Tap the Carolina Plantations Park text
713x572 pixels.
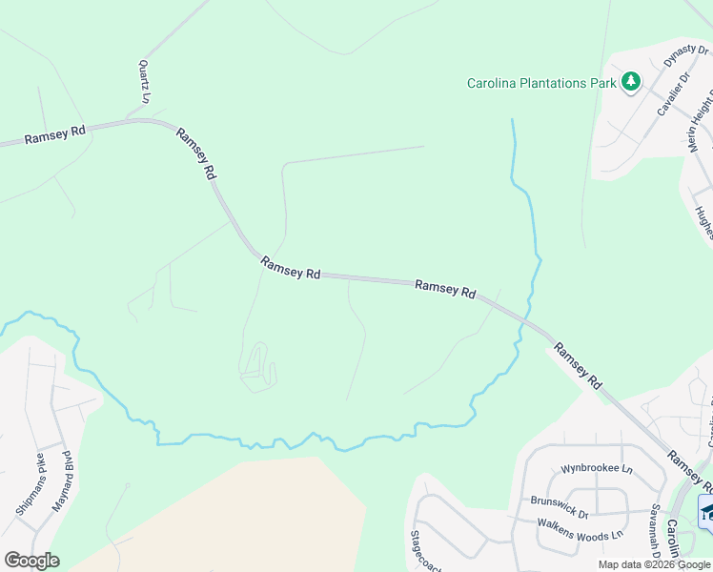(540, 83)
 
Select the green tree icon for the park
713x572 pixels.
(630, 82)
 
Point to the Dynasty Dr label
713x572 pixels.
(686, 62)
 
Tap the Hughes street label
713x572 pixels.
(703, 224)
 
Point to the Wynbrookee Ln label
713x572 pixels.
(597, 469)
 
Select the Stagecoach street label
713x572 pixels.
(416, 551)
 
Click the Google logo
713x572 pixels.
(31, 561)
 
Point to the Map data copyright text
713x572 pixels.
(654, 564)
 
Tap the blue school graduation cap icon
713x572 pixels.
(706, 511)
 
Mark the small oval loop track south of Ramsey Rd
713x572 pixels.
(258, 366)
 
